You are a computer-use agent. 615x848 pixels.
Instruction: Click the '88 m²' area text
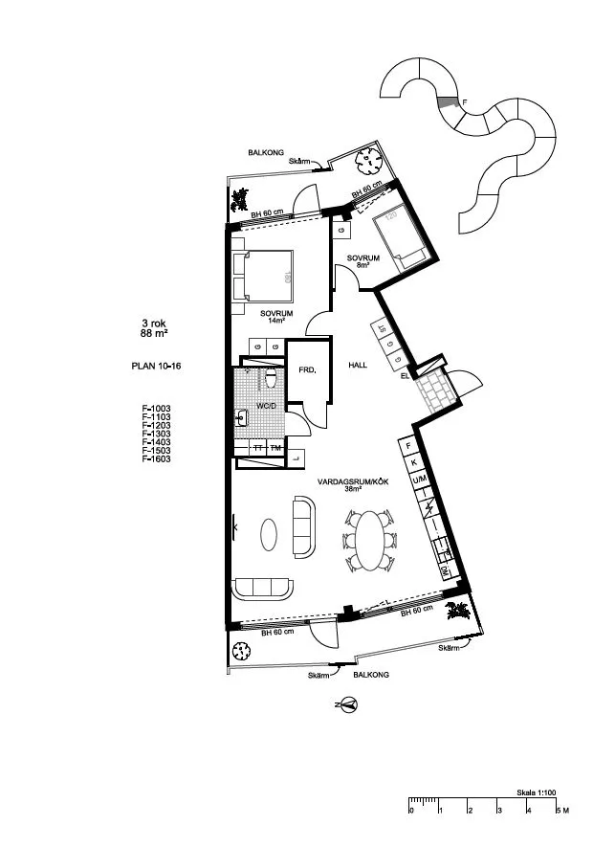coord(155,334)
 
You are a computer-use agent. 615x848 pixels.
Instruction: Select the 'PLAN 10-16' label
coord(155,366)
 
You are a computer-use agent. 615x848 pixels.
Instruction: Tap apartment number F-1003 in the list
coord(155,408)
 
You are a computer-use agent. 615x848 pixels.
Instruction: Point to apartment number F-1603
coord(155,459)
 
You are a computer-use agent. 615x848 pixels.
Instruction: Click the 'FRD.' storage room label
coord(307,368)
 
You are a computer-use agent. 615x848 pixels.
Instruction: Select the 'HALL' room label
coord(358,365)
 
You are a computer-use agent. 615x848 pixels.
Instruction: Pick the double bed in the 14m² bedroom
coord(262,277)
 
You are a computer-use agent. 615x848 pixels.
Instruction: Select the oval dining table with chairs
coord(369,536)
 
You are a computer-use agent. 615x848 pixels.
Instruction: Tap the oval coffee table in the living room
coord(272,534)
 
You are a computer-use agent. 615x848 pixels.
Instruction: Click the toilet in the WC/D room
coord(272,381)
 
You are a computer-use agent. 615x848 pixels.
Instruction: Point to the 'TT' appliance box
coord(257,448)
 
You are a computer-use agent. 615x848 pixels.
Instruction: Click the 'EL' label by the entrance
coord(406,377)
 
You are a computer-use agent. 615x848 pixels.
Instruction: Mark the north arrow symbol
coord(348,704)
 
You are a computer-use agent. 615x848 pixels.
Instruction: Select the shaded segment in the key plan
coord(447,100)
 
